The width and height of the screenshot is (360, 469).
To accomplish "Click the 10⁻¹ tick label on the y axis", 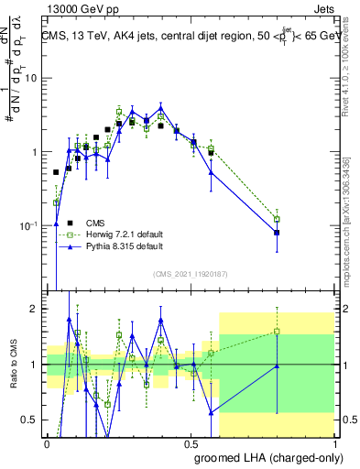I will click(x=31, y=226).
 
